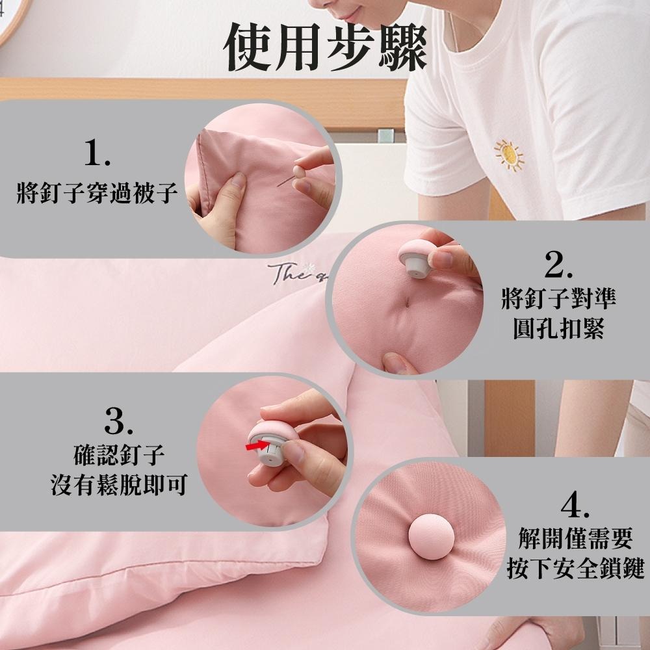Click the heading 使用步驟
pos(326,47)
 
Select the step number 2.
pos(558,265)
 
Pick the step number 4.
pos(575,504)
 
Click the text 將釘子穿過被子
pos(97,193)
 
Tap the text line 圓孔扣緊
pos(558,328)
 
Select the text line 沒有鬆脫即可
pos(119,485)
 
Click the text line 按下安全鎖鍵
pos(575,568)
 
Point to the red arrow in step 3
pos(257,446)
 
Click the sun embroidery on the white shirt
pos(509,155)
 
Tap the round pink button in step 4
pos(431,537)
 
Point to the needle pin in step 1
pos(286,181)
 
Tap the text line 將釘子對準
pos(558,298)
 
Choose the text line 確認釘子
pos(119,455)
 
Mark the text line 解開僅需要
pos(575,538)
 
